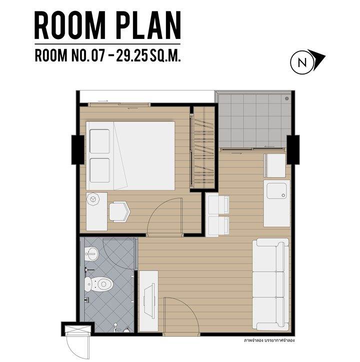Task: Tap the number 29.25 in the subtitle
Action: pos(131,55)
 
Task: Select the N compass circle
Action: pos(302,62)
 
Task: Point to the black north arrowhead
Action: pos(317,58)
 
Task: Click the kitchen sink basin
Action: pos(276,191)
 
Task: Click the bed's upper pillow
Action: pos(99,141)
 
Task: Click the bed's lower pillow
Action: pos(99,170)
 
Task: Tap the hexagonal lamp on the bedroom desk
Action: pos(93,199)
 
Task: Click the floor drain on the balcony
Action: pos(287,98)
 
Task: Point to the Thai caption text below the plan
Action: pos(269,340)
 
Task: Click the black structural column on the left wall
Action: pos(77,150)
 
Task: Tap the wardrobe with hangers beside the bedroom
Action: pos(202,147)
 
